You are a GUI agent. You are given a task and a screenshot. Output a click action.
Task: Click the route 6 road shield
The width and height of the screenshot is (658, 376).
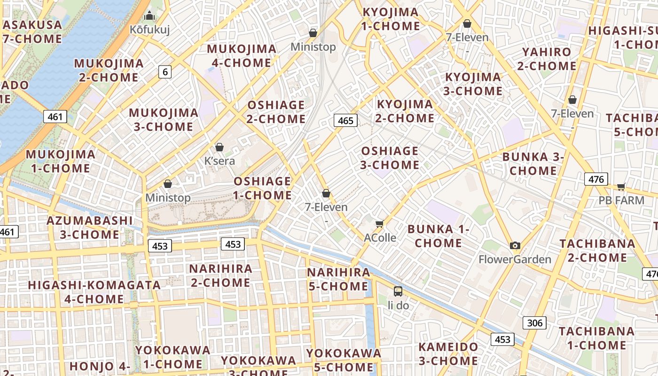[x=164, y=72]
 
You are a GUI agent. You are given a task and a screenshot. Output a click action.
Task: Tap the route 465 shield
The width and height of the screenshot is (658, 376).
[x=345, y=121]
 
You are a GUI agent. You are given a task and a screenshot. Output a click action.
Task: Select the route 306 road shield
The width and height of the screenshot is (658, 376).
[x=534, y=323]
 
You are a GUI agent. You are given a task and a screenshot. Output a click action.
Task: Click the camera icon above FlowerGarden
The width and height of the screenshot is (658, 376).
[x=515, y=245]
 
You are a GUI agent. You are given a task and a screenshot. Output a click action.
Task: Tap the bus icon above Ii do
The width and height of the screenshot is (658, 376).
[x=398, y=291]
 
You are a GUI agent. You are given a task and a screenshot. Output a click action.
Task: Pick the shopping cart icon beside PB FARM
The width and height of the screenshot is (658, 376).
[x=621, y=187]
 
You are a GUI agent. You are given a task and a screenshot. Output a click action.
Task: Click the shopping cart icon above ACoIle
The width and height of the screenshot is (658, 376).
[x=380, y=224]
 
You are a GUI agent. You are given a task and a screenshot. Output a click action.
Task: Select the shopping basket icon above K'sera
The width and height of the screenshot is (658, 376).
[x=219, y=147]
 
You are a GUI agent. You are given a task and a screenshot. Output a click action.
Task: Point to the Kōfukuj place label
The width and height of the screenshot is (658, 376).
[x=149, y=30]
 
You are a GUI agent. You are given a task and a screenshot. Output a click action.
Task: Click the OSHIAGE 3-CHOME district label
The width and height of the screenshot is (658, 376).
[x=390, y=158]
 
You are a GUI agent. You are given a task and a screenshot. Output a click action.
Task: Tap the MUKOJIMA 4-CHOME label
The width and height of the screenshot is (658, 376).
[x=242, y=56]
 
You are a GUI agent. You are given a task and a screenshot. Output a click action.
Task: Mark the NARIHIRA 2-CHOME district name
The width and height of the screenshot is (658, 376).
[x=220, y=276]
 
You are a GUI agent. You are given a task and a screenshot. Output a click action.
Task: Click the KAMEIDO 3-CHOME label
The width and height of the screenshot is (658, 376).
[x=448, y=354]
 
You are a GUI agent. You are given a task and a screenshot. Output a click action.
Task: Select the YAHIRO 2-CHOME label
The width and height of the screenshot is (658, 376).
[x=547, y=59]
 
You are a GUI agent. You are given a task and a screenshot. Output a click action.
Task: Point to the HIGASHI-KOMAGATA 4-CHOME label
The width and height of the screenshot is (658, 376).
[x=94, y=292]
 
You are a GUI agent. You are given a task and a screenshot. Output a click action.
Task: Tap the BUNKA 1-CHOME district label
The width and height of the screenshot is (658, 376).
[x=439, y=236]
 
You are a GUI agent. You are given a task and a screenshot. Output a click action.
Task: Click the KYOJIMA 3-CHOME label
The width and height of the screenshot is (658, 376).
[x=473, y=84]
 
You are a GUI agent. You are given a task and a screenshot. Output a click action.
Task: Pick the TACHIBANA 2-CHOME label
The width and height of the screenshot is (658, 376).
[x=597, y=251]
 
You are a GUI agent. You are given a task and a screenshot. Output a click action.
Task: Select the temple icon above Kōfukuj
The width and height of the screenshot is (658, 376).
[x=149, y=16]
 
